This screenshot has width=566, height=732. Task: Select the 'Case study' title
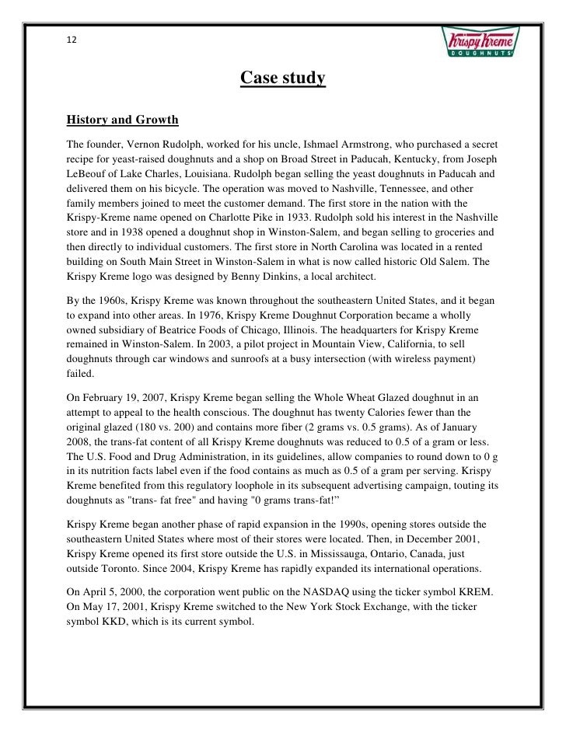pyautogui.click(x=281, y=79)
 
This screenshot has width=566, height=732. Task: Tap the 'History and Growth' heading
pyautogui.click(x=122, y=120)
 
